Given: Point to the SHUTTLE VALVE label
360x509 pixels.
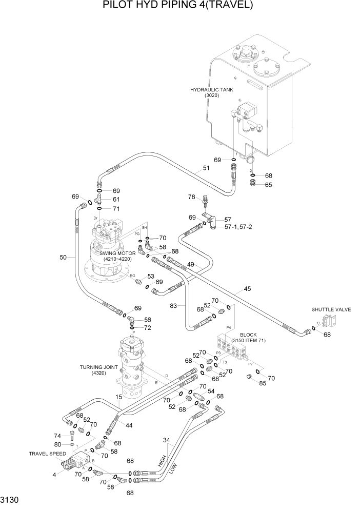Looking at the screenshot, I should click(x=329, y=309).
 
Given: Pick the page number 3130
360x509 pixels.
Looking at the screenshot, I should click(x=11, y=499).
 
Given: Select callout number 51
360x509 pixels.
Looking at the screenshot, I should click(x=206, y=168).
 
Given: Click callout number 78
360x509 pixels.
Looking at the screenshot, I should click(x=191, y=197).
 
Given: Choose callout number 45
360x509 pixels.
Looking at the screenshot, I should click(x=247, y=289).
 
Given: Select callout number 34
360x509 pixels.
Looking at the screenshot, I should click(x=166, y=440).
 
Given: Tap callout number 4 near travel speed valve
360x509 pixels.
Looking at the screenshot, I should click(x=54, y=475).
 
